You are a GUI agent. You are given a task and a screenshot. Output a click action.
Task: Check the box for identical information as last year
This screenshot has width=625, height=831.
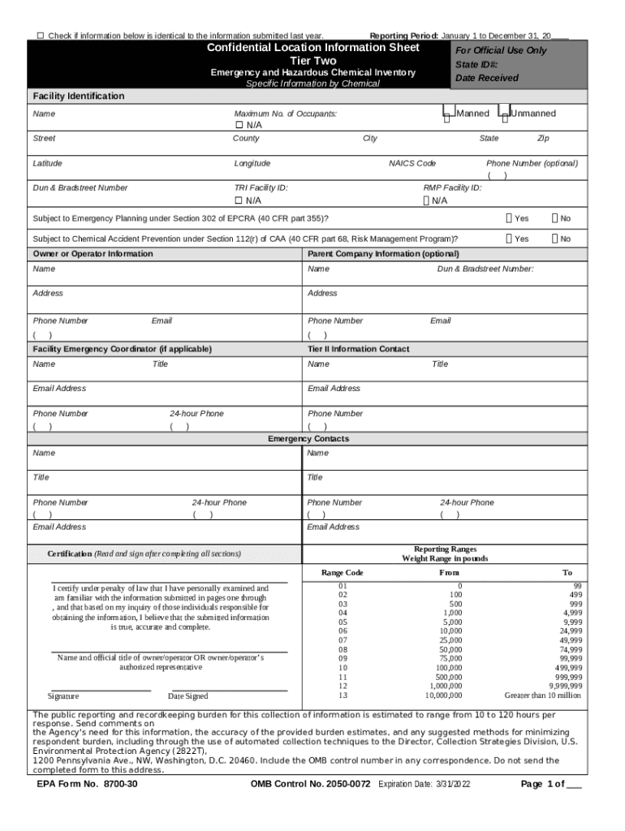click(41, 37)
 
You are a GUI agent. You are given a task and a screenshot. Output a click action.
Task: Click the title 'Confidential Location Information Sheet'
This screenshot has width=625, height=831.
click(312, 48)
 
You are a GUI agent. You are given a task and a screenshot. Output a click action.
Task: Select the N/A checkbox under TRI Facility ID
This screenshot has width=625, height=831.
click(239, 200)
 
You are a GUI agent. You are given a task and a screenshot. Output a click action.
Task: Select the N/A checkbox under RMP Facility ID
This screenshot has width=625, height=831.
click(427, 200)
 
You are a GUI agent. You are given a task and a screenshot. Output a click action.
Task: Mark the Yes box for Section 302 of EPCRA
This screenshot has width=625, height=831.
click(508, 218)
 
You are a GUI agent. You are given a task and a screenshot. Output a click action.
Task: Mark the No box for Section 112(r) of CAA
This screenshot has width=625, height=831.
click(555, 239)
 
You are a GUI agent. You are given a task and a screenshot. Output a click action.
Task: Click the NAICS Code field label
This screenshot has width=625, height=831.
click(412, 163)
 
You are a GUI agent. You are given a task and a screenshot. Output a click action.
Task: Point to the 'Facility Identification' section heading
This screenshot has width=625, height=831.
click(79, 97)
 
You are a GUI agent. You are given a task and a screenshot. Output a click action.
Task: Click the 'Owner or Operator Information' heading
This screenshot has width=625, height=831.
click(93, 254)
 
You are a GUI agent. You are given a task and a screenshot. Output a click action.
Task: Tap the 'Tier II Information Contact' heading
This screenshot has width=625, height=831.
click(358, 349)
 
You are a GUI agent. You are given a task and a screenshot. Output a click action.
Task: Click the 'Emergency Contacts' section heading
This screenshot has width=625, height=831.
click(308, 439)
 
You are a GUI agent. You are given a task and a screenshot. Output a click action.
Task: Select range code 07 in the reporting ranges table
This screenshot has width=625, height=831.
click(343, 640)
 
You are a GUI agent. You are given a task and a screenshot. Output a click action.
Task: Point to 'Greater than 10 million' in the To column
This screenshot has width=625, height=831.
click(542, 695)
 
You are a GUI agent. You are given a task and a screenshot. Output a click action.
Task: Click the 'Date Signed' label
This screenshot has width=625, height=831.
click(187, 696)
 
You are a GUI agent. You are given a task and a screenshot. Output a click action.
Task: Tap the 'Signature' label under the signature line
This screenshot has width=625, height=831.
click(63, 696)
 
